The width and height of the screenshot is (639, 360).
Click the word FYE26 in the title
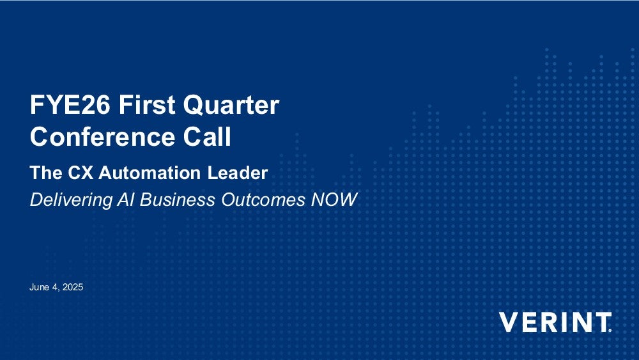[x=70, y=105]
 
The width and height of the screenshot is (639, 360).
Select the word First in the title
[x=147, y=105]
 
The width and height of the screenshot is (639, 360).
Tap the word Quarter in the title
[x=231, y=106]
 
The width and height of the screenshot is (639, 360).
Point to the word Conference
[x=102, y=136]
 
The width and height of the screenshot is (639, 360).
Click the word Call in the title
[x=207, y=136]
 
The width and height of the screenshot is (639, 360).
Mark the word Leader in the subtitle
[x=238, y=173]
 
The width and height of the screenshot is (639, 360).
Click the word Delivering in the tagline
[x=71, y=200]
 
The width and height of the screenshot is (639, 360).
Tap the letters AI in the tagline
[x=126, y=200]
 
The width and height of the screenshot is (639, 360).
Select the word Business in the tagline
[x=177, y=200]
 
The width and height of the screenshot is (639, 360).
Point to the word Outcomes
[x=263, y=200]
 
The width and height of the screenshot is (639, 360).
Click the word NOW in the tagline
[x=334, y=200]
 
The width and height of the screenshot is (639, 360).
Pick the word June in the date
[x=39, y=287]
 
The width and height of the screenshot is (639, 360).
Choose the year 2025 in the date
[x=73, y=287]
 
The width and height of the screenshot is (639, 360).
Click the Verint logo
[x=555, y=322]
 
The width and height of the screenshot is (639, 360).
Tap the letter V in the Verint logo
[x=509, y=322]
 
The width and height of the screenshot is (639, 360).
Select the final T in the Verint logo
[x=601, y=322]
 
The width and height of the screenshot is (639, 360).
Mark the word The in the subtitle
[x=46, y=173]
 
